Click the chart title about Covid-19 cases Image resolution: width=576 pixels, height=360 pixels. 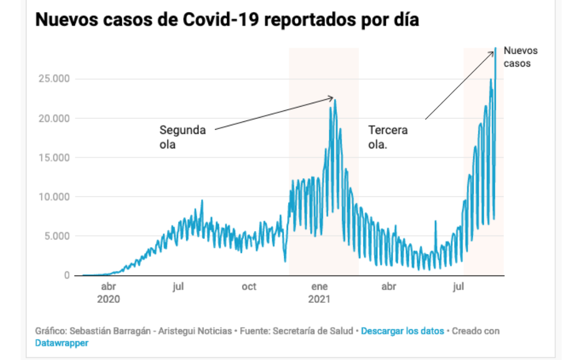(x=227, y=21)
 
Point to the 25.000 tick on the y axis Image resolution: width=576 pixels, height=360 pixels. (x=53, y=79)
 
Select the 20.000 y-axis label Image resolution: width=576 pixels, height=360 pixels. (x=53, y=119)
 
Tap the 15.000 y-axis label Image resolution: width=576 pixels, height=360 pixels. (x=53, y=158)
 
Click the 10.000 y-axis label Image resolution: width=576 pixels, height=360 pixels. (x=53, y=197)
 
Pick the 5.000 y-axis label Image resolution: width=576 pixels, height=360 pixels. (x=56, y=236)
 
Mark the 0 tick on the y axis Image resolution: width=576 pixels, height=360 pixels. (x=66, y=276)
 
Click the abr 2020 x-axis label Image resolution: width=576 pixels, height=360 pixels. (x=108, y=293)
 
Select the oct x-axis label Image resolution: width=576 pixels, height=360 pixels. (x=249, y=287)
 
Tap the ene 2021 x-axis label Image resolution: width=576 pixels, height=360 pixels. (x=319, y=293)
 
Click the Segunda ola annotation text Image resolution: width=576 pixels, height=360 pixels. (x=182, y=137)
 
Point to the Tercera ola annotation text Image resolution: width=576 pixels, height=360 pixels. (x=388, y=137)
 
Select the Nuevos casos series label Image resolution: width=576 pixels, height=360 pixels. (x=520, y=57)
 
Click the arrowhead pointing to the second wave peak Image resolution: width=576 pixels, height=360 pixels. (x=332, y=98)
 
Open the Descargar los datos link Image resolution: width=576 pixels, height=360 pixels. (x=402, y=331)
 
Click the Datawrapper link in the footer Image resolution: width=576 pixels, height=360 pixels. (x=62, y=343)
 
